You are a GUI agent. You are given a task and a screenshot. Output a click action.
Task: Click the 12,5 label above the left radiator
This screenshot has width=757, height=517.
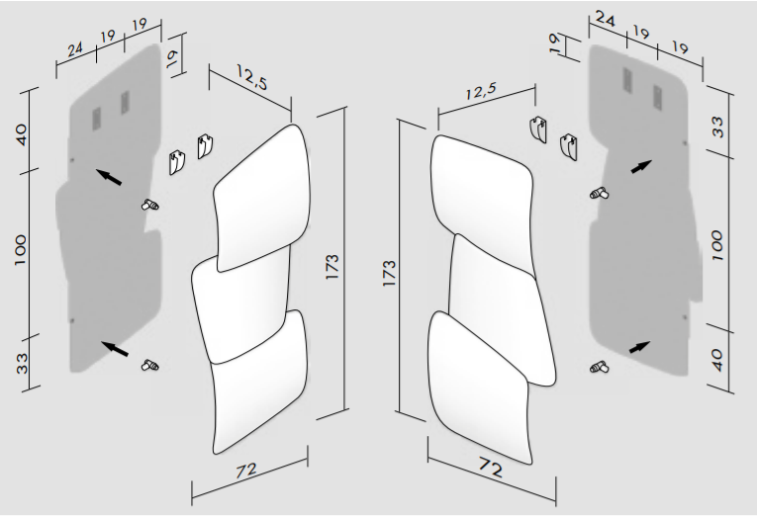click(252, 77)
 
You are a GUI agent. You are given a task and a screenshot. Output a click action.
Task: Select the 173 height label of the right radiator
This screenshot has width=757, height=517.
click(389, 274)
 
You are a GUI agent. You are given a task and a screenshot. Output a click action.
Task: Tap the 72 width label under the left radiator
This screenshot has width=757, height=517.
click(246, 471)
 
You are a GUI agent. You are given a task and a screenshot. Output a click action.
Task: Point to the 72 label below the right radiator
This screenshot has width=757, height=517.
click(491, 467)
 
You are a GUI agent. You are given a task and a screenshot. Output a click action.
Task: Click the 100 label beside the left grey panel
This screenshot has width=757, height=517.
click(20, 250)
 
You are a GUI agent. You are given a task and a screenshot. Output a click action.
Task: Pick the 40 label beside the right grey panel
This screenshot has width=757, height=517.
click(717, 360)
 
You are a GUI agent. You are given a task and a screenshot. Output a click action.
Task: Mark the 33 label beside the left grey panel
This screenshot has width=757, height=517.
click(22, 364)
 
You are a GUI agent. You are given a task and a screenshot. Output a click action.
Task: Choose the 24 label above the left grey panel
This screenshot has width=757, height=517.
click(75, 49)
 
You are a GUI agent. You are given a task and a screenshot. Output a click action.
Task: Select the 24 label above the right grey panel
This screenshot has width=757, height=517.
click(606, 20)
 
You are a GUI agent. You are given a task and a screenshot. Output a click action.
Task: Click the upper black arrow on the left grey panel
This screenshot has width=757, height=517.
click(109, 177)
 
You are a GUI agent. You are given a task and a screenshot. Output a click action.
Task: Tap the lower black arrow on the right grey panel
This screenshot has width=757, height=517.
click(639, 347)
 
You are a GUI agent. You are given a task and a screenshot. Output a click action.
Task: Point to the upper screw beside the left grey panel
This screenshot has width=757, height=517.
click(150, 206)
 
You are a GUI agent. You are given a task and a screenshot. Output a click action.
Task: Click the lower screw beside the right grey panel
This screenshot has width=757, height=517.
click(599, 368)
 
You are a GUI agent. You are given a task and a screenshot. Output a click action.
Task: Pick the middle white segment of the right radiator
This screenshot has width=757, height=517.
click(502, 308)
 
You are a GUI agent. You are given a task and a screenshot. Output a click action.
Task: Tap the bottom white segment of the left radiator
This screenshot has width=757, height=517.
click(260, 386)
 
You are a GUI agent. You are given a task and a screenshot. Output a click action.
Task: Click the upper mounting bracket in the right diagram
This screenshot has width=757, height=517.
click(538, 129)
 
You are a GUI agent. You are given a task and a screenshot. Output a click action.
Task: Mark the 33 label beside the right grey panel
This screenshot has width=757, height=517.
click(718, 127)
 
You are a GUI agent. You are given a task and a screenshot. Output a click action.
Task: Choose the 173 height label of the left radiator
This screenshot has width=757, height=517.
click(332, 266)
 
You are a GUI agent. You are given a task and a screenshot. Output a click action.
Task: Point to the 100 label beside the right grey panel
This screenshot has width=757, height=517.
click(717, 246)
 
